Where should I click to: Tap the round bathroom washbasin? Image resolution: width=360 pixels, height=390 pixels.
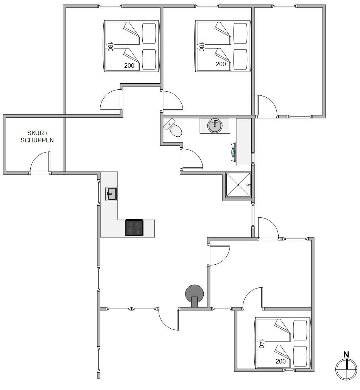click(x=215, y=126)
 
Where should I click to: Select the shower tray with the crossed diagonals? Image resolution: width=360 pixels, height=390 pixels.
click(x=238, y=185)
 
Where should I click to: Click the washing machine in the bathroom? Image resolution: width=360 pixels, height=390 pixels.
click(x=234, y=152)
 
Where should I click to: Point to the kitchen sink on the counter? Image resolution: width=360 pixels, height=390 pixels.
click(x=111, y=194)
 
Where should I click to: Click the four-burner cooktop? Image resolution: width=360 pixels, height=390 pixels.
click(x=134, y=228)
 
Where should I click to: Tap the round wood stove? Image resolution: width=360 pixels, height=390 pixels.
click(x=195, y=295)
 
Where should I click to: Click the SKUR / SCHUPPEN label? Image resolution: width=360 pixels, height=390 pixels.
click(x=37, y=137)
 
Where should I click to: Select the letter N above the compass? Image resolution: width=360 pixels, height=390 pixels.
click(x=346, y=354)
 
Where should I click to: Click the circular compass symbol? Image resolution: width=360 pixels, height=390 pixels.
click(x=346, y=369)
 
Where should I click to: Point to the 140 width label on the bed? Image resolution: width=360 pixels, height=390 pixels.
click(x=261, y=343)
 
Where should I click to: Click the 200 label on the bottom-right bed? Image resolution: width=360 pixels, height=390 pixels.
click(x=281, y=361)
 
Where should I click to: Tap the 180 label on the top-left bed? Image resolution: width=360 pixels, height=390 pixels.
click(x=110, y=47)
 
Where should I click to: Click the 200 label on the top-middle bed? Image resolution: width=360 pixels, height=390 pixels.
click(x=221, y=64)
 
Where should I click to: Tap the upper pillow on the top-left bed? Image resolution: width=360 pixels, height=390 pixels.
click(x=149, y=33)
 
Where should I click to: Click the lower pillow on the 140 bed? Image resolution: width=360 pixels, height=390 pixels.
click(x=300, y=356)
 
